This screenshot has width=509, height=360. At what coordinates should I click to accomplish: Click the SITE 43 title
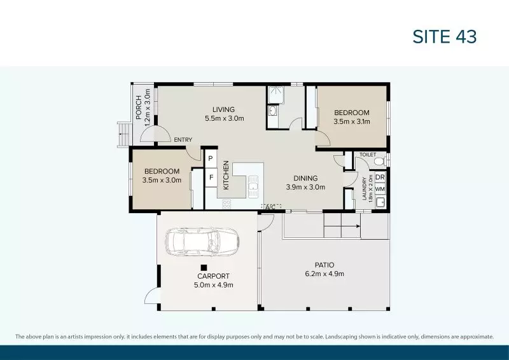coord(445,37)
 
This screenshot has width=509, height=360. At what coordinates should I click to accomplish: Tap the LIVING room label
coord(224,109)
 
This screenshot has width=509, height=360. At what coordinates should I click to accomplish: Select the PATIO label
coord(324,265)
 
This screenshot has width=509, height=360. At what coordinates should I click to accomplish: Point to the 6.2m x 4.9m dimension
coord(324,274)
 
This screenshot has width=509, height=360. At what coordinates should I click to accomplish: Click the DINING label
coord(305,178)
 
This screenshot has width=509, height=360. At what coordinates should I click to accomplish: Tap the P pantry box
coord(210,158)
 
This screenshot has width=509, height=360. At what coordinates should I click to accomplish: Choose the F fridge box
coord(210,177)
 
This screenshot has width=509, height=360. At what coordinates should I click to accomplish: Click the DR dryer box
coord(380,177)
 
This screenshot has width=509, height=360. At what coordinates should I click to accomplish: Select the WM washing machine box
coord(380,189)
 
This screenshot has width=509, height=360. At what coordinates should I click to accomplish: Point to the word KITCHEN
coord(226,174)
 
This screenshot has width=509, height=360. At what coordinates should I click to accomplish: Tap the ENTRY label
coord(183,140)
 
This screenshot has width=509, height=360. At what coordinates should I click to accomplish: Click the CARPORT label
coord(213,276)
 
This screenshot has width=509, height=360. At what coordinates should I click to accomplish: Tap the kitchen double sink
coord(253,186)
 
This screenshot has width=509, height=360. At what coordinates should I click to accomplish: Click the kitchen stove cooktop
coord(226,204)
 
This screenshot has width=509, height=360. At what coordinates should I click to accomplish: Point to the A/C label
coord(270,207)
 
